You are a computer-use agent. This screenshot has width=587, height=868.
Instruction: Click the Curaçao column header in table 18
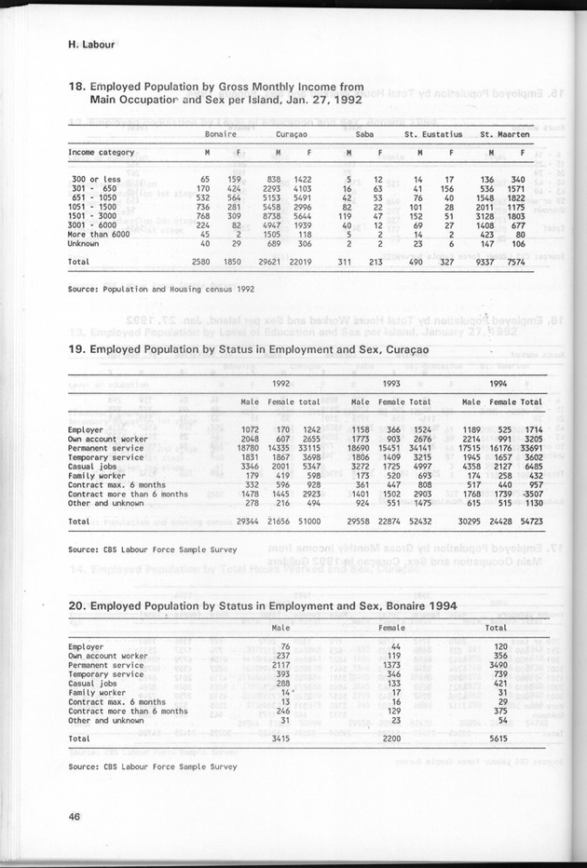(x=293, y=134)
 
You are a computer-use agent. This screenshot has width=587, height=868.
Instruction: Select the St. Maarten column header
(x=501, y=134)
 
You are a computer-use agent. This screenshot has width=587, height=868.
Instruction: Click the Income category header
(x=102, y=153)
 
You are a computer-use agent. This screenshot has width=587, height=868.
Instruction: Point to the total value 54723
(x=530, y=522)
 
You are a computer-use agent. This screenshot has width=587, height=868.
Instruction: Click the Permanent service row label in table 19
(x=105, y=447)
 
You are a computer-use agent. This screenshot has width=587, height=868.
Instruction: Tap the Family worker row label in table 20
(x=97, y=693)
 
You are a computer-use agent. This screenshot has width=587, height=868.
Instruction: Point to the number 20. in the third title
(x=78, y=606)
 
